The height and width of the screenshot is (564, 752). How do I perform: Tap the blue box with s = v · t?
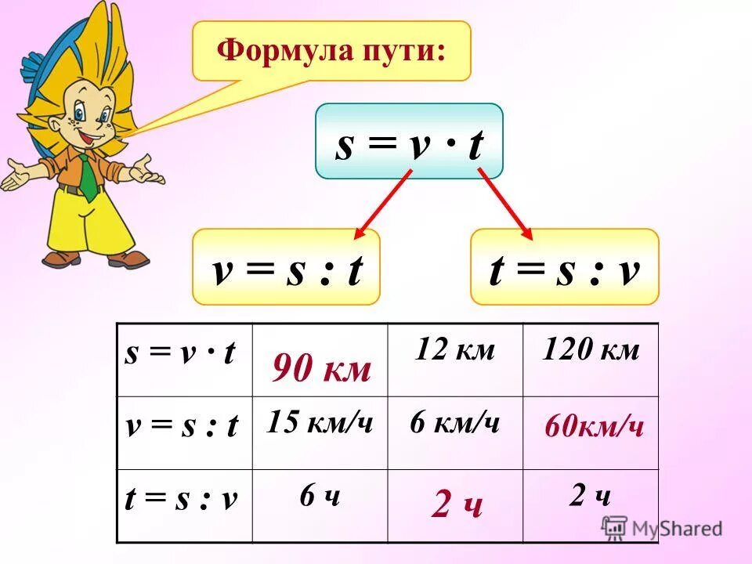(409, 142)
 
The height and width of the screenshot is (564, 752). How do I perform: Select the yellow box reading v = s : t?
(286, 267)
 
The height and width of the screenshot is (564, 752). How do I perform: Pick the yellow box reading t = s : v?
(564, 267)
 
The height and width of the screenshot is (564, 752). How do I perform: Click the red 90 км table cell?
(321, 369)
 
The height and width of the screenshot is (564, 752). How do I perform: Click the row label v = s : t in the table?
(182, 427)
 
